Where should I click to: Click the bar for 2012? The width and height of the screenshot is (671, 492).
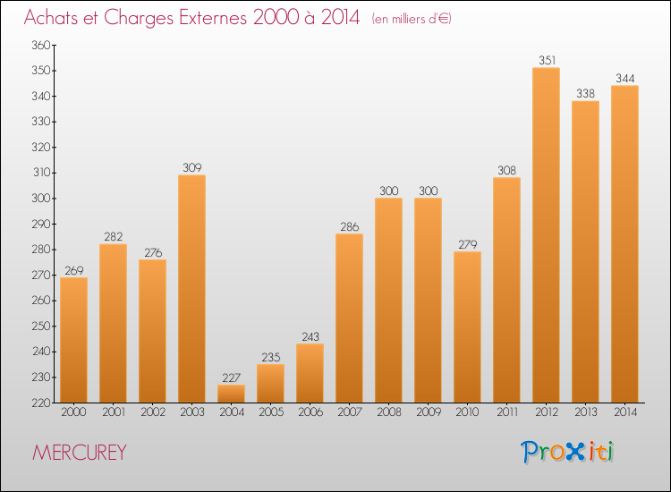click(546, 235)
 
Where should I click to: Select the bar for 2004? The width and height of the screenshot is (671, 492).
click(231, 394)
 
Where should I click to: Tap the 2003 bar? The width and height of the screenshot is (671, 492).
click(191, 289)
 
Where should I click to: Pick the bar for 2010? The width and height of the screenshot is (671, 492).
click(467, 327)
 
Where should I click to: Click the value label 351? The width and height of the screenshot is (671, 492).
click(547, 60)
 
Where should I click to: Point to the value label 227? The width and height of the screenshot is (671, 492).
click(231, 377)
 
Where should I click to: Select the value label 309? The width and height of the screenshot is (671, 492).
click(192, 167)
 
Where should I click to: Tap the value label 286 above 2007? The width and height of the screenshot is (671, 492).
click(350, 226)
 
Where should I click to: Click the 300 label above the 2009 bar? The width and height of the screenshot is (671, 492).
click(429, 191)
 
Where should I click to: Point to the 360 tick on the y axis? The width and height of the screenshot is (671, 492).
click(41, 45)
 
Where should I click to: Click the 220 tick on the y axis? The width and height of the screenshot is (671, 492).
click(41, 403)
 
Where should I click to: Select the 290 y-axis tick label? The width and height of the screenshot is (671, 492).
click(41, 224)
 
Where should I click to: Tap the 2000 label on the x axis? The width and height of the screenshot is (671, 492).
click(73, 412)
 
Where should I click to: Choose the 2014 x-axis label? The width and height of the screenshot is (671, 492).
click(625, 412)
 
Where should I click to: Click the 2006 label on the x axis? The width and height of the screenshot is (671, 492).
click(310, 412)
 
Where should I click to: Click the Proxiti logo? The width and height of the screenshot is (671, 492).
click(567, 452)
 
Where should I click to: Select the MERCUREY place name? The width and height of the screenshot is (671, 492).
click(80, 453)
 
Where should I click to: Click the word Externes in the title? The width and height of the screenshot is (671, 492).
click(213, 18)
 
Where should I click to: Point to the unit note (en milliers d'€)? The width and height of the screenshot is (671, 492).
click(412, 19)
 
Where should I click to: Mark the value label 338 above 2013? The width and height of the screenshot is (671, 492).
click(585, 94)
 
